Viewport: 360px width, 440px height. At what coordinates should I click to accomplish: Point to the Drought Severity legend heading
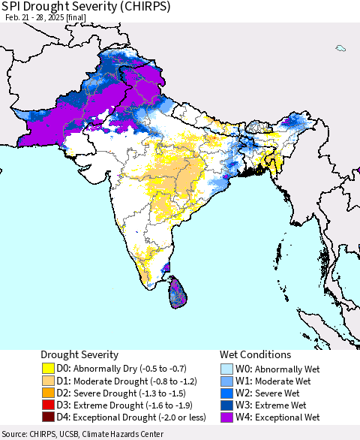79,354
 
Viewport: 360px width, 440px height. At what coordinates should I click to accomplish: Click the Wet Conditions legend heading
255,354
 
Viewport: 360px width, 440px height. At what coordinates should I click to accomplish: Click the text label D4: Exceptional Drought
124,417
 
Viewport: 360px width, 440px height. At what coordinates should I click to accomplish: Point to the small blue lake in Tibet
340,49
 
